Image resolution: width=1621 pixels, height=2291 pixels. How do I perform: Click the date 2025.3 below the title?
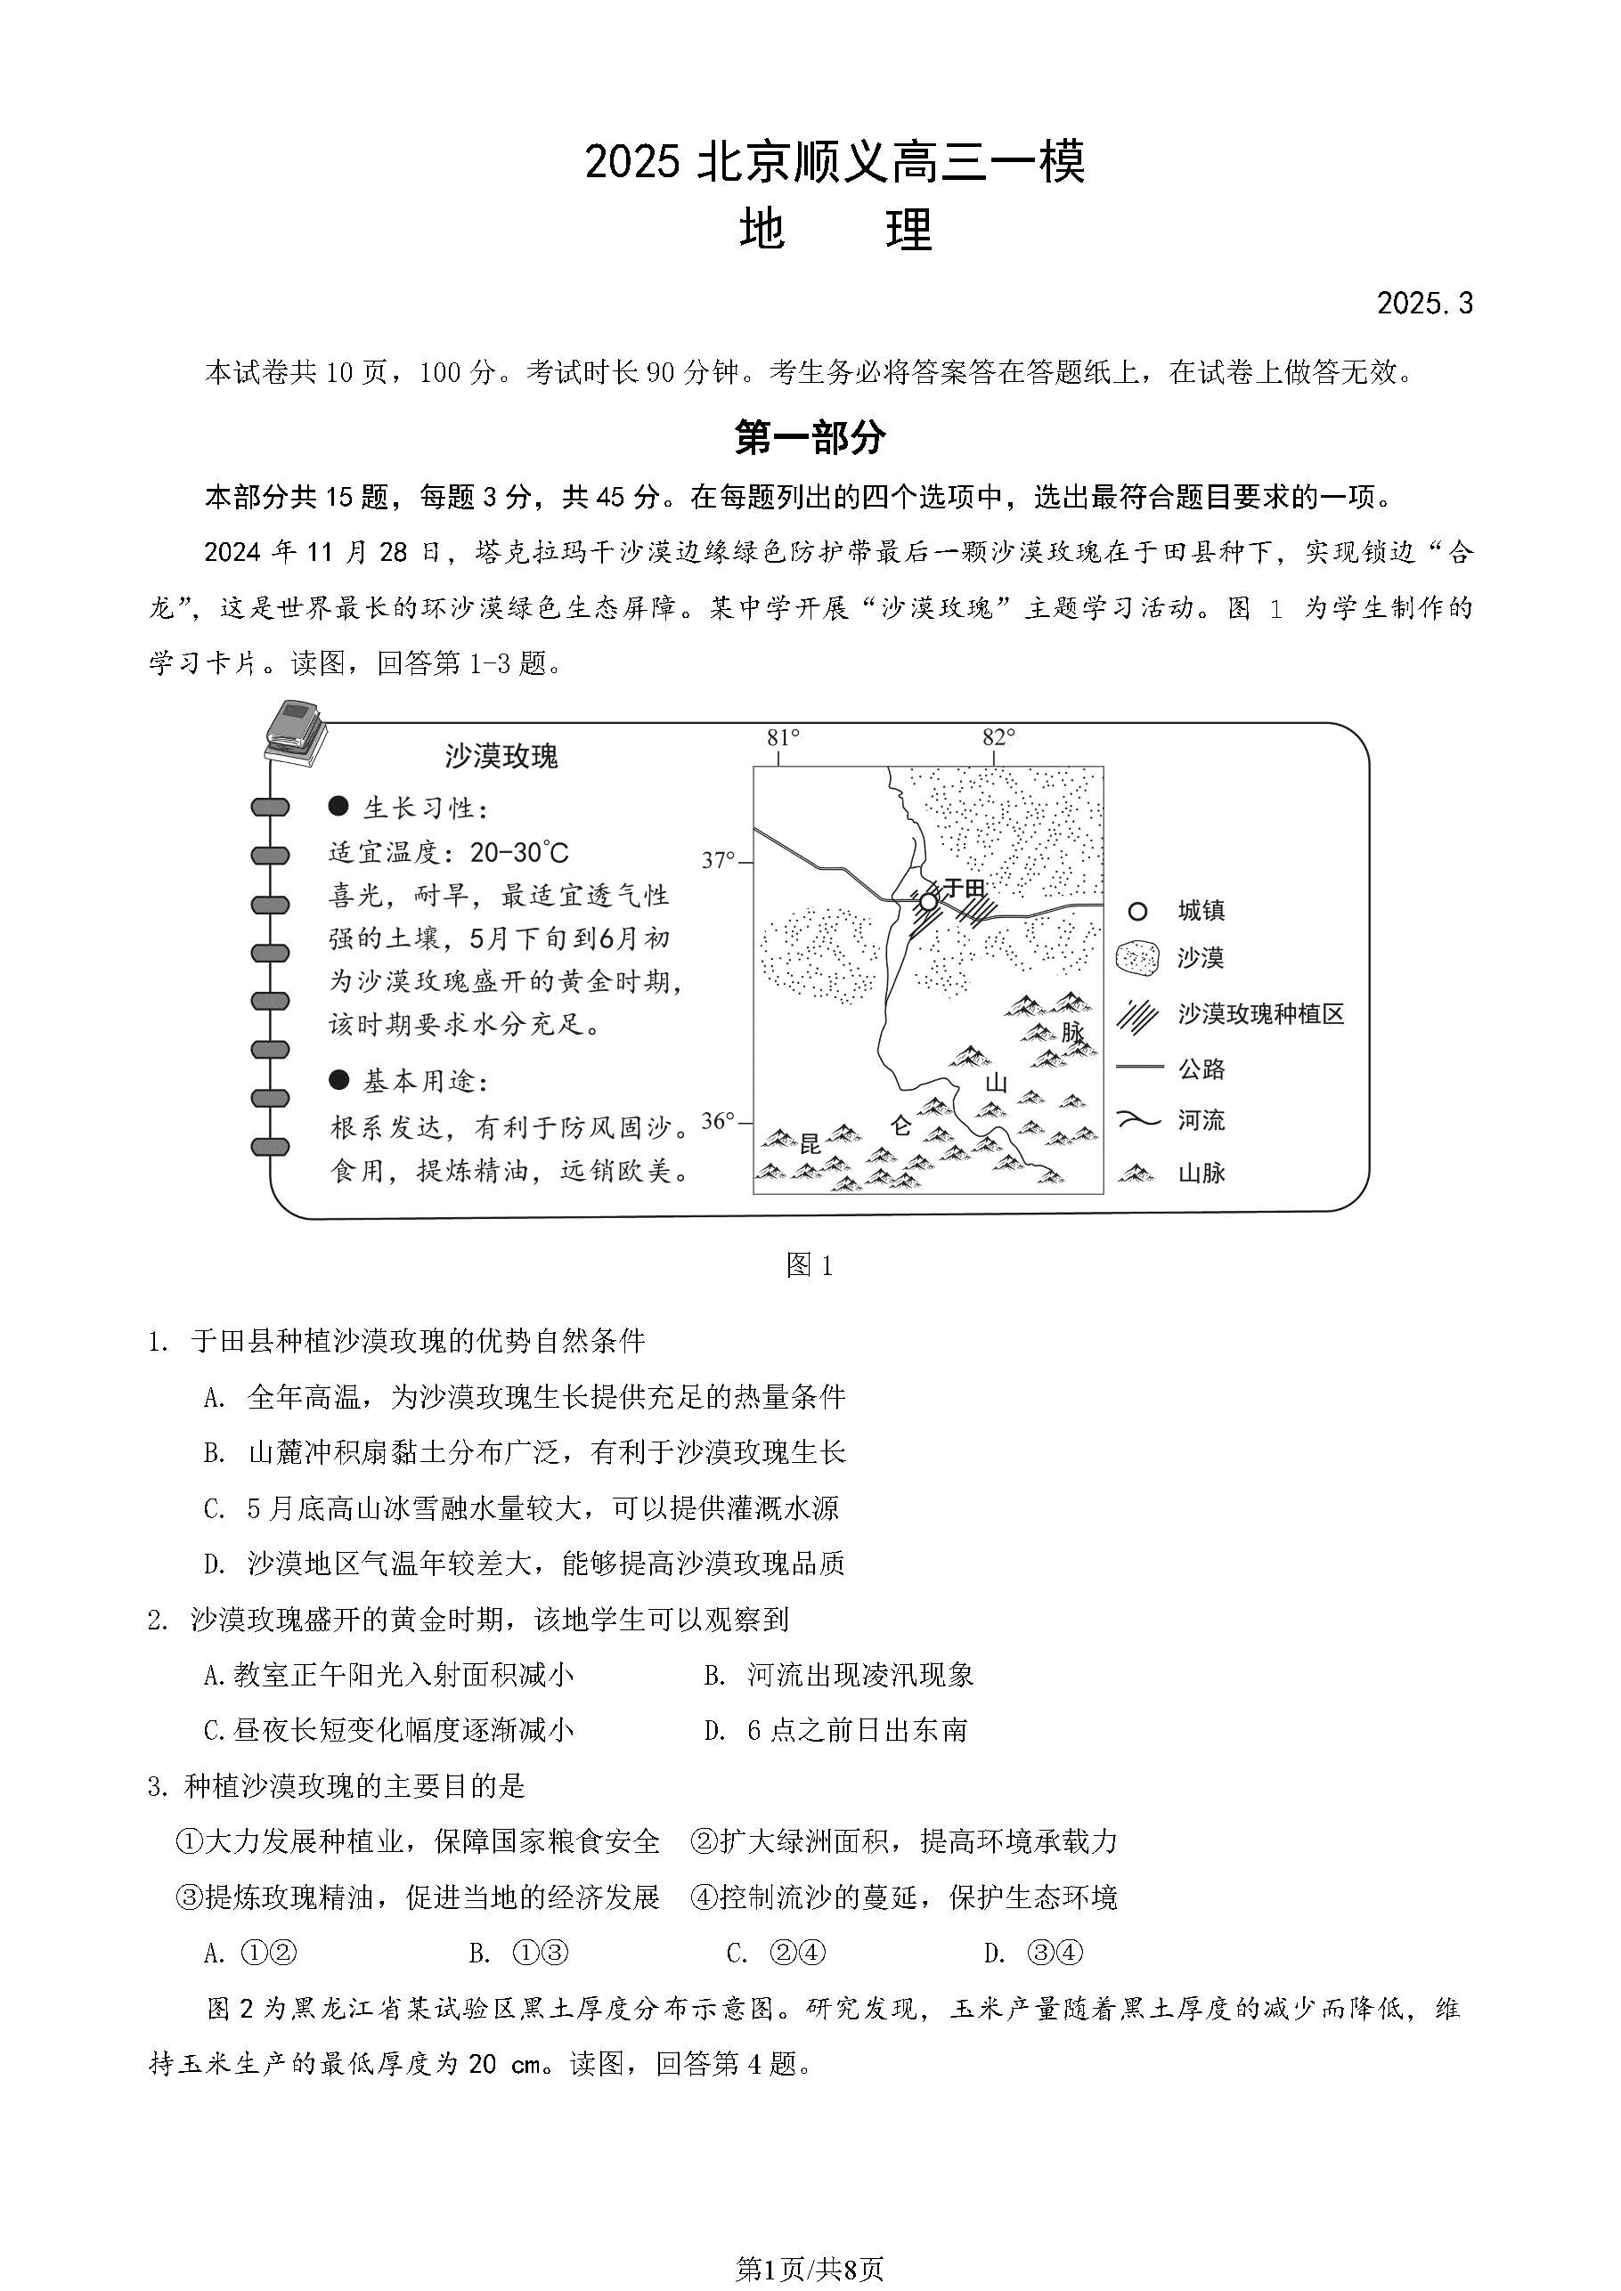(1423, 304)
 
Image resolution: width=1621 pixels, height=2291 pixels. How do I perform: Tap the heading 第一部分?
(810, 437)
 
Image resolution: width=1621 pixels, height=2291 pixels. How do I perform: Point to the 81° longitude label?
(783, 737)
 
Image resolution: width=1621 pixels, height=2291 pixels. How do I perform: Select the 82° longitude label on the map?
(998, 737)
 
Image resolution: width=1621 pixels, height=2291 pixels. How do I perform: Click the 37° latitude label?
(718, 859)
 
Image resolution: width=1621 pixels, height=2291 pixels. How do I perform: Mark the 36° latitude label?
(718, 1120)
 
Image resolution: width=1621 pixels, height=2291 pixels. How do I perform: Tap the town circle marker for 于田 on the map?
(928, 902)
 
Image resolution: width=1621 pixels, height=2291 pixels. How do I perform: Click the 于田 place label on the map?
(963, 887)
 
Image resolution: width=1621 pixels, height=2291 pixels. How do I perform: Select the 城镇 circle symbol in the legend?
(1136, 911)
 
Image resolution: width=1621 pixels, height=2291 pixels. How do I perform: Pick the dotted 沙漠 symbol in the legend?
(1136, 959)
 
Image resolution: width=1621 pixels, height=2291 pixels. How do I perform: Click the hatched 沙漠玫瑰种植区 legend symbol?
(1136, 1015)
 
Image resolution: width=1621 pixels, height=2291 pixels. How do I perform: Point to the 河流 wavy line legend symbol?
(1138, 1120)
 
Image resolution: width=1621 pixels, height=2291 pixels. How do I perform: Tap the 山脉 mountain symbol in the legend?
(1136, 1174)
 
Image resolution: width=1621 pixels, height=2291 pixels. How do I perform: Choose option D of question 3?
(1032, 1953)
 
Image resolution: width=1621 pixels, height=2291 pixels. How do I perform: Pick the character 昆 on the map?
(810, 1143)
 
